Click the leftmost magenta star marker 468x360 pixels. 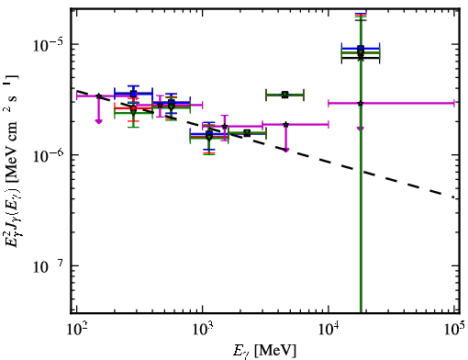pyautogui.click(x=98, y=96)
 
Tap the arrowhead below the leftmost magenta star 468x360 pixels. pyautogui.click(x=98, y=121)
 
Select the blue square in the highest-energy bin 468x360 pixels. pyautogui.click(x=361, y=48)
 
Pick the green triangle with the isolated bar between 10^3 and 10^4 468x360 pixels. pyautogui.click(x=285, y=95)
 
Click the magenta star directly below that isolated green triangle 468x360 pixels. pyautogui.click(x=285, y=125)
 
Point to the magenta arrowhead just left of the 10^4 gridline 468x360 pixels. pyautogui.click(x=285, y=150)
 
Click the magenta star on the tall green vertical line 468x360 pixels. pyautogui.click(x=361, y=103)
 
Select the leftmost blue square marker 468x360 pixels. pyautogui.click(x=133, y=94)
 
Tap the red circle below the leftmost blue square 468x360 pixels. pyautogui.click(x=133, y=108)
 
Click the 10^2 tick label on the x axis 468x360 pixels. pyautogui.click(x=76, y=330)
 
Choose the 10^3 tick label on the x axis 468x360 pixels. pyautogui.click(x=203, y=330)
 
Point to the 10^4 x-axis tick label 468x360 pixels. pyautogui.click(x=329, y=330)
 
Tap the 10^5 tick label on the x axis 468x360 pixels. pyautogui.click(x=454, y=330)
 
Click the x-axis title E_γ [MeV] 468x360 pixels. pyautogui.click(x=264, y=351)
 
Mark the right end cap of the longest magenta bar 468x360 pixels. pyautogui.click(x=454, y=103)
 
